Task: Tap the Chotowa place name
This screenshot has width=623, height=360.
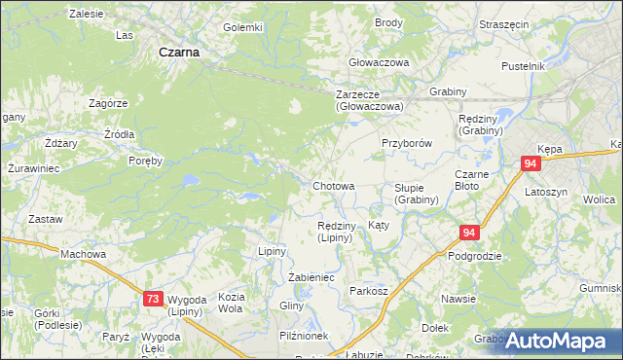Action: point(333,185)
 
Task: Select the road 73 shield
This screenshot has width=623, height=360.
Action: point(153,301)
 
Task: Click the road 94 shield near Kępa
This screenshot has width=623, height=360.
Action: point(531,164)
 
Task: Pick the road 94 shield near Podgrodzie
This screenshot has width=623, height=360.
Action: point(469,233)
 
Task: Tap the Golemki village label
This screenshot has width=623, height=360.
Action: point(243,27)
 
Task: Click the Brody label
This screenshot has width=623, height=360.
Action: point(388,22)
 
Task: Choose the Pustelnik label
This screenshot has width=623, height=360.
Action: point(522,66)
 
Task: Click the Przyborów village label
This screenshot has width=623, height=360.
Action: point(406,141)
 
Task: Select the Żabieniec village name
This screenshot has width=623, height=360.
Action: point(311,277)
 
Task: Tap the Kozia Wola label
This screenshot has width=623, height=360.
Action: point(231,303)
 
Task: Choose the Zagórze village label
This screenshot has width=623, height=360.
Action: point(108,103)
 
